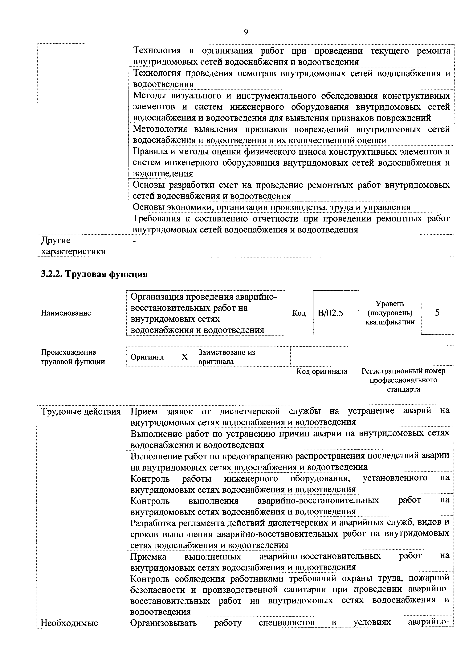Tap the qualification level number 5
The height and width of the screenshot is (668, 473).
click(437, 312)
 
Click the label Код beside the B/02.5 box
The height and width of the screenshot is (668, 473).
click(299, 313)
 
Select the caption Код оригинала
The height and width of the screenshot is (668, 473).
click(322, 372)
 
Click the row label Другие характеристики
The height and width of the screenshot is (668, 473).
click(73, 246)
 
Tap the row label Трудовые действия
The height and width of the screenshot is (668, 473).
click(81, 412)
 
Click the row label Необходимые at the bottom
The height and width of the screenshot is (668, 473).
click(69, 623)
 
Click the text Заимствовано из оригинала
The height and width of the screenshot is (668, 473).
click(227, 357)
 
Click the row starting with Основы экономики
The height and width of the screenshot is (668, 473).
click(271, 207)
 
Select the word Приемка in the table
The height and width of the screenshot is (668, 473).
click(148, 556)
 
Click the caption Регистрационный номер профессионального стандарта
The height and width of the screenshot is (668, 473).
click(403, 380)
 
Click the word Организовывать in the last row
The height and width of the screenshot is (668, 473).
click(164, 623)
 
